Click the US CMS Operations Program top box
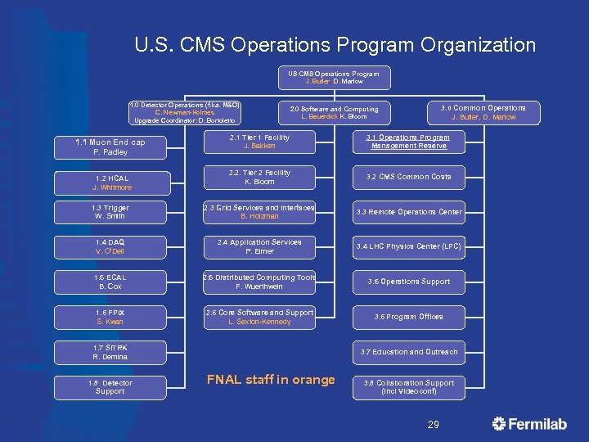pyautogui.click(x=334, y=78)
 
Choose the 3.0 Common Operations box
pyautogui.click(x=483, y=112)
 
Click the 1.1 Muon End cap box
pyautogui.click(x=110, y=147)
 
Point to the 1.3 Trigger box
pyautogui.click(x=110, y=212)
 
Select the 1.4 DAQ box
pyautogui.click(x=110, y=247)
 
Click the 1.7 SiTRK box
pyautogui.click(x=110, y=352)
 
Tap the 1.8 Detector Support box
pyautogui.click(x=110, y=387)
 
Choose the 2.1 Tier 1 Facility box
pyautogui.click(x=259, y=142)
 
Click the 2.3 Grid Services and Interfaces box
pyautogui.click(x=259, y=212)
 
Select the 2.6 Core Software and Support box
pyautogui.click(x=259, y=317)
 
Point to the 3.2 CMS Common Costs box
pyautogui.click(x=409, y=177)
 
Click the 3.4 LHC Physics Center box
pyautogui.click(x=409, y=246)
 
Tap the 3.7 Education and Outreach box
pyautogui.click(x=409, y=352)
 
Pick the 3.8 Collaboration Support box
pyautogui.click(x=409, y=387)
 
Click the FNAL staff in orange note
pyautogui.click(x=271, y=380)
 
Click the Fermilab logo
pyautogui.click(x=531, y=424)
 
